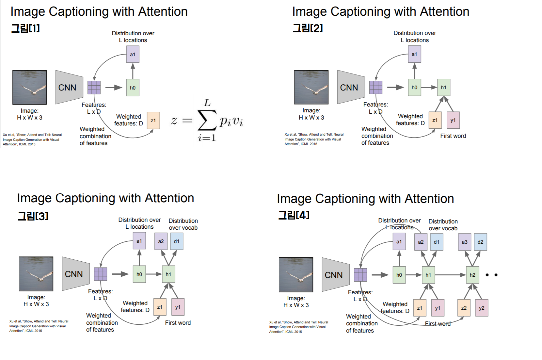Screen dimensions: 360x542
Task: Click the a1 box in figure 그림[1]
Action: coord(133,54)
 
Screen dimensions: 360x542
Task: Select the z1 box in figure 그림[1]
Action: coord(153,121)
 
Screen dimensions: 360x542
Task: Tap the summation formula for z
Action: coord(207,121)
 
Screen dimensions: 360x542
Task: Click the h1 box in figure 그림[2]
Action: coord(444,87)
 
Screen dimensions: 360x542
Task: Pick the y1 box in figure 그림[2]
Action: coord(453,120)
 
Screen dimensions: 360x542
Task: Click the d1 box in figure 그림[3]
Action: coord(177,241)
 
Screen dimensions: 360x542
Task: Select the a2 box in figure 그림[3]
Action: coord(161,241)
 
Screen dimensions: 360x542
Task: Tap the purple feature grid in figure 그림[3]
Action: coord(101,274)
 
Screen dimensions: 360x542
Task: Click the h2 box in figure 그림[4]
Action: coord(472,275)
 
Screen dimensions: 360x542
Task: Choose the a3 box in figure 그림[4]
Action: coord(465,242)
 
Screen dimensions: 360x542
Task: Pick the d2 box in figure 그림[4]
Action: coord(480,242)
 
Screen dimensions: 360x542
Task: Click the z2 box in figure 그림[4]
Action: coord(464,308)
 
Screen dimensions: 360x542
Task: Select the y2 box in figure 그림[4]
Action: coord(482,308)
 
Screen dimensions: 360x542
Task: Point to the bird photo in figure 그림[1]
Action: coord(29,87)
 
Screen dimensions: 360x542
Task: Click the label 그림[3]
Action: coord(33,216)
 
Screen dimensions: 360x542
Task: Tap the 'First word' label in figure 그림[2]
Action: coord(453,136)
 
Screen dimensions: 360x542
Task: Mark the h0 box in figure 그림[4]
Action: coord(399,275)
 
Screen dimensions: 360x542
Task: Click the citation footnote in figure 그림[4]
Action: coord(298,327)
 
